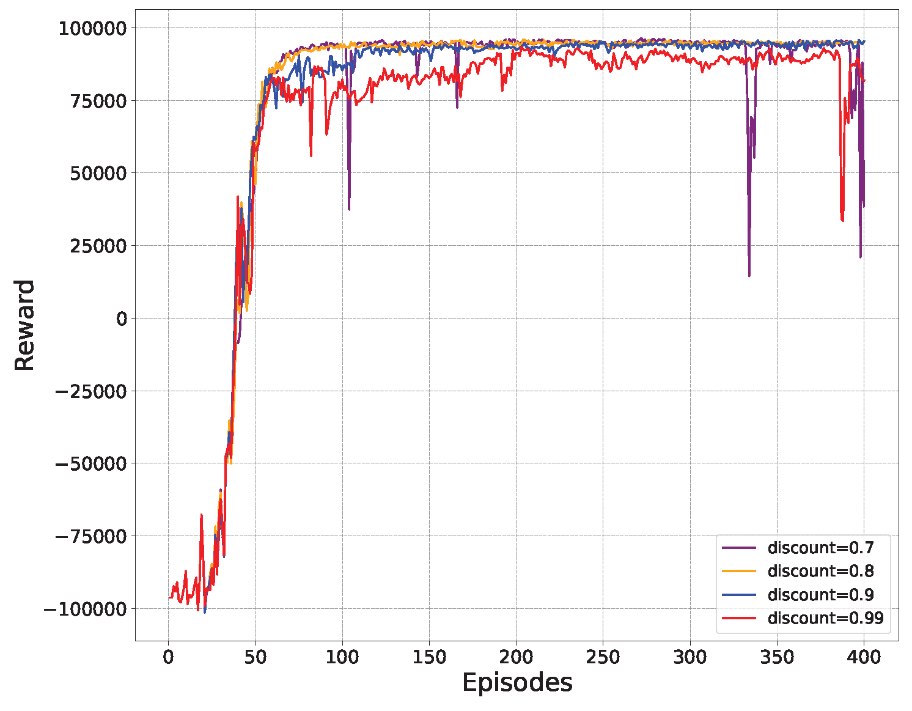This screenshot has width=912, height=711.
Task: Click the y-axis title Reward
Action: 24,325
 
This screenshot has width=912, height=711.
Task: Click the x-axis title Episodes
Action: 517,683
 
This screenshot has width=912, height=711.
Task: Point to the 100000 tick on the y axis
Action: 92,28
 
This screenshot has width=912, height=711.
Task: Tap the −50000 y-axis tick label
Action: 91,463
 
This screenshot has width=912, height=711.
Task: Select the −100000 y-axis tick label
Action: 86,609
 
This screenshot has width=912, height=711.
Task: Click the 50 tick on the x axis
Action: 256,658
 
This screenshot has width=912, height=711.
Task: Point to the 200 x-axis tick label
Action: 516,658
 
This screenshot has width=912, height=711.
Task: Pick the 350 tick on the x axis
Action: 777,658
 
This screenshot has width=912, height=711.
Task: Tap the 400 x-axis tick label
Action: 864,658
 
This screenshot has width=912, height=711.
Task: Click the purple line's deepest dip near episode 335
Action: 749,276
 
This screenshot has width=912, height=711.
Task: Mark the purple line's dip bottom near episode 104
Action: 349,209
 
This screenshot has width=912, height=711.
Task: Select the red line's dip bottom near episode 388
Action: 843,221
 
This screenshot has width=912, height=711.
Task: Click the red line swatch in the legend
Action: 739,618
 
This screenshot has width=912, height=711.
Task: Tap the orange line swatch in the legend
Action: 739,571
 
